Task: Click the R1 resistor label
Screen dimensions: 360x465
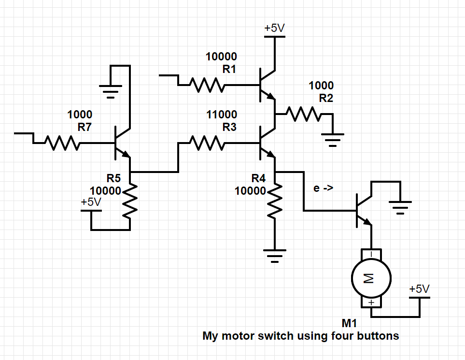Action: pyautogui.click(x=229, y=69)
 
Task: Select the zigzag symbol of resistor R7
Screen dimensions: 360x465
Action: pyautogui.click(x=62, y=143)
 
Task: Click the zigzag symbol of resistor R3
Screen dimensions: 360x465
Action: pyautogui.click(x=207, y=143)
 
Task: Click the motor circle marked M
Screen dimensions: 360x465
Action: pyautogui.click(x=371, y=278)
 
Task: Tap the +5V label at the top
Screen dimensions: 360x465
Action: pyautogui.click(x=275, y=29)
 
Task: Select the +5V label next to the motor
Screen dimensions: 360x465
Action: pyautogui.click(x=419, y=289)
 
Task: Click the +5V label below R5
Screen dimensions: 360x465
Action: pyautogui.click(x=91, y=202)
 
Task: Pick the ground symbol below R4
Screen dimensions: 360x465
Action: pyautogui.click(x=275, y=255)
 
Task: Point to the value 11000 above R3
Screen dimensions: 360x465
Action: pyautogui.click(x=222, y=115)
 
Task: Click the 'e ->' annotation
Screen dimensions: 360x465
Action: pyautogui.click(x=323, y=188)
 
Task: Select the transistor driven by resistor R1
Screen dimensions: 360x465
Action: pyautogui.click(x=266, y=85)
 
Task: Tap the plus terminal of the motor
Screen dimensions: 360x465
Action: pyautogui.click(x=371, y=302)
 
